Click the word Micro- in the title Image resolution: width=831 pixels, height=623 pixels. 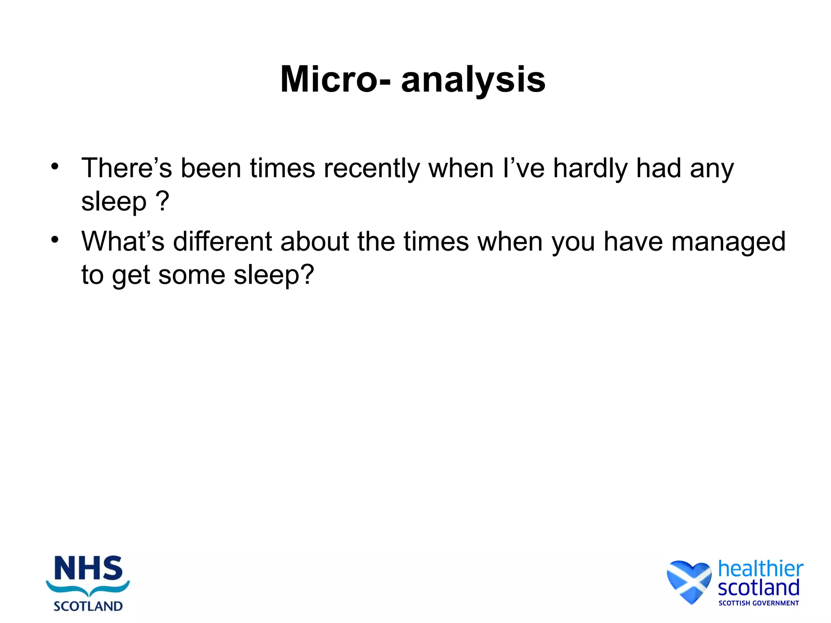click(336, 79)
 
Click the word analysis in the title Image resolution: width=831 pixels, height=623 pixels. click(473, 80)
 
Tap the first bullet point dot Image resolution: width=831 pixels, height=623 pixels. click(55, 166)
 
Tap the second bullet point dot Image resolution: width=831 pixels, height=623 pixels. click(55, 240)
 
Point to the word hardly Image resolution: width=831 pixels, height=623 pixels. click(590, 169)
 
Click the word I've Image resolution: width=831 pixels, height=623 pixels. click(523, 168)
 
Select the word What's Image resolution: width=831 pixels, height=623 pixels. click(123, 242)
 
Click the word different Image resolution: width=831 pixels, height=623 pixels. click(222, 242)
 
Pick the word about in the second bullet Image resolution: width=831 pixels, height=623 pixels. click(314, 242)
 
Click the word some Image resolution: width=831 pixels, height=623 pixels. click(192, 275)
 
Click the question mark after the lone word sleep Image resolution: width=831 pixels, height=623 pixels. click(162, 201)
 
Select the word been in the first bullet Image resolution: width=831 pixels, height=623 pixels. click(211, 168)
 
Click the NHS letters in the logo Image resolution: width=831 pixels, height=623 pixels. click(88, 569)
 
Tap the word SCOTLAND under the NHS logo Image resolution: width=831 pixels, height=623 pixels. click(88, 606)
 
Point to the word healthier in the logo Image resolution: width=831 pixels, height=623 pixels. click(760, 569)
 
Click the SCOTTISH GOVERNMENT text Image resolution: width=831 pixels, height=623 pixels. click(758, 603)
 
